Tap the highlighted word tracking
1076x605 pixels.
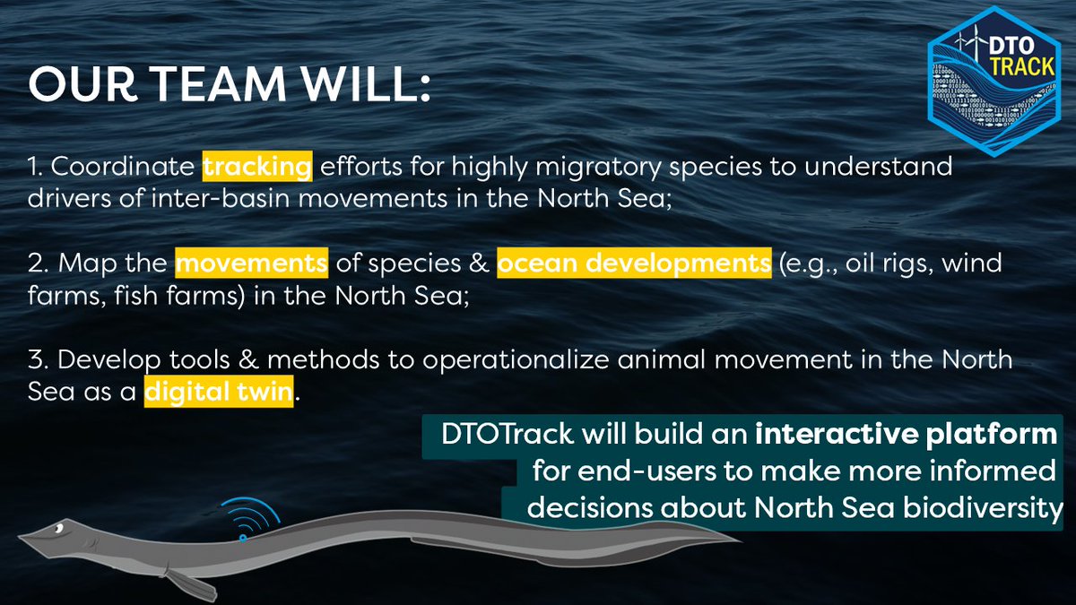tap(257, 167)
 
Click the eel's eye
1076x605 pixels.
tap(56, 530)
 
